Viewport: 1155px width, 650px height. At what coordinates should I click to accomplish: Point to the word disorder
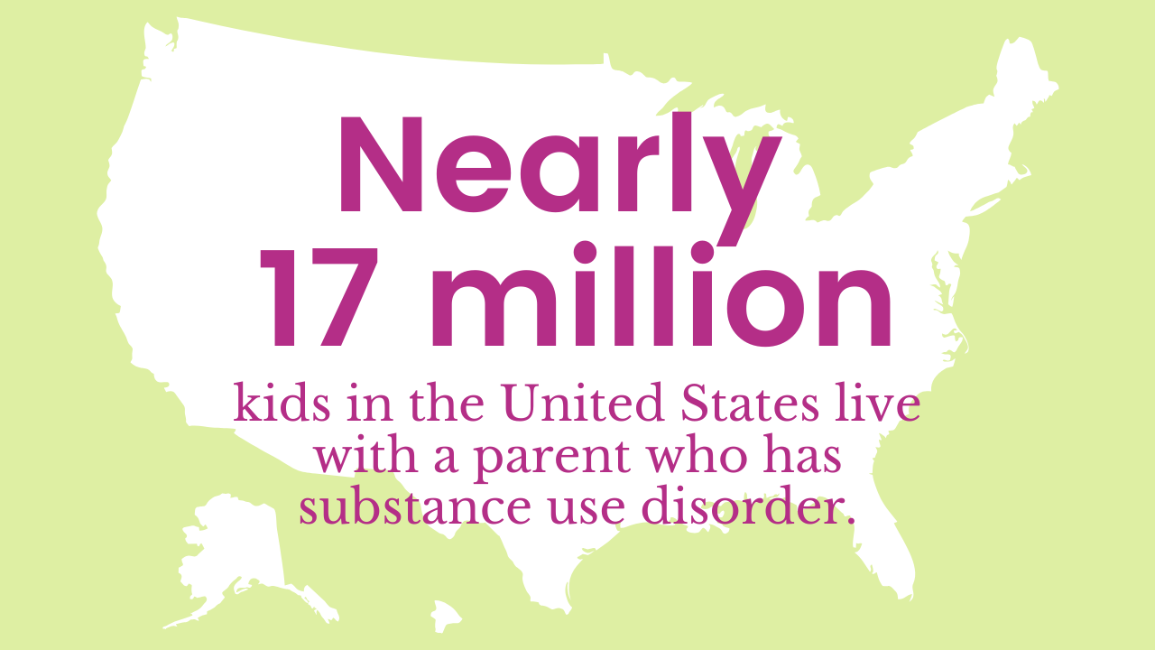point(745,507)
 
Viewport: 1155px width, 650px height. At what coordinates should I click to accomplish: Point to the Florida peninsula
point(880,551)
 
